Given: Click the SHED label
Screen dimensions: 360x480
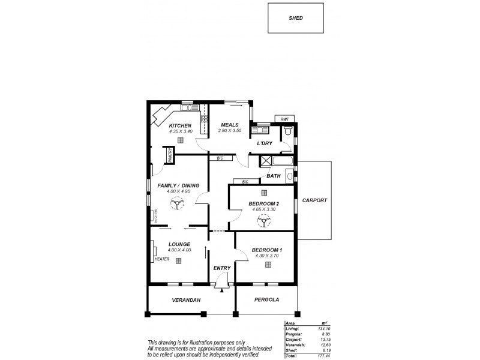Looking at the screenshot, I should pyautogui.click(x=296, y=18).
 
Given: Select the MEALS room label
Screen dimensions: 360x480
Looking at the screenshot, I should pyautogui.click(x=230, y=125).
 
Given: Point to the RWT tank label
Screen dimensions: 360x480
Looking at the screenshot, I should pyautogui.click(x=285, y=119).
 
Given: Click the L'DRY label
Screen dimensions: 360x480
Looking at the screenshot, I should pyautogui.click(x=265, y=144).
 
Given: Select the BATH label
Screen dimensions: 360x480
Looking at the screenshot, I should pyautogui.click(x=274, y=176).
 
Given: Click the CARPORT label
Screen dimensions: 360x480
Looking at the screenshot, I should pyautogui.click(x=314, y=200).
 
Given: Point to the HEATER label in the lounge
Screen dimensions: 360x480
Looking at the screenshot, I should pyautogui.click(x=161, y=259).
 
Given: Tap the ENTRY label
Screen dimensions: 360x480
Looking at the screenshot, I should pyautogui.click(x=222, y=268).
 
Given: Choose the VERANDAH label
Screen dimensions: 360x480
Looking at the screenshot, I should pyautogui.click(x=185, y=300).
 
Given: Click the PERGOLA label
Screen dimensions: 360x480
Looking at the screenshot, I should pyautogui.click(x=267, y=300).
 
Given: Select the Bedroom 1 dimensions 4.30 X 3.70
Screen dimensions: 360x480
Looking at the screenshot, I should pyautogui.click(x=266, y=256).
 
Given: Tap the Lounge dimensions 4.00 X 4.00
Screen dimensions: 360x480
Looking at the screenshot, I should pyautogui.click(x=179, y=250).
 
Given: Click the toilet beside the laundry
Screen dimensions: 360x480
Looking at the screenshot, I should pyautogui.click(x=288, y=131).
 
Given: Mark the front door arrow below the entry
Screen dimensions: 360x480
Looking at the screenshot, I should pyautogui.click(x=222, y=290).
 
